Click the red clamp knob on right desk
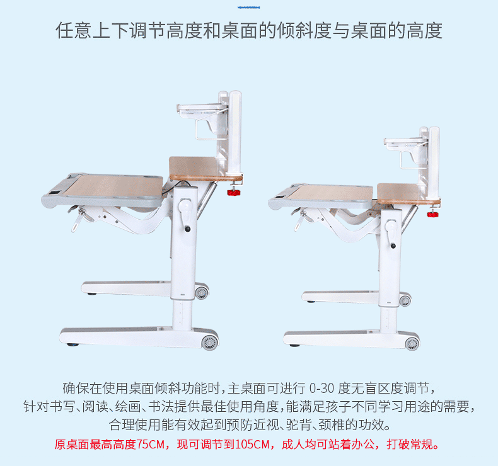pyautogui.click(x=432, y=214)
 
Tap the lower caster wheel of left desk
pyautogui.click(x=209, y=342)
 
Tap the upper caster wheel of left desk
pyautogui.click(x=201, y=292)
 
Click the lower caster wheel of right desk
pyautogui.click(x=412, y=343)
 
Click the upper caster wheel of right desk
pyautogui.click(x=405, y=300)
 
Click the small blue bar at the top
pyautogui.click(x=249, y=7)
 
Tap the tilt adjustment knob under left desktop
pyautogui.click(x=81, y=220)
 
